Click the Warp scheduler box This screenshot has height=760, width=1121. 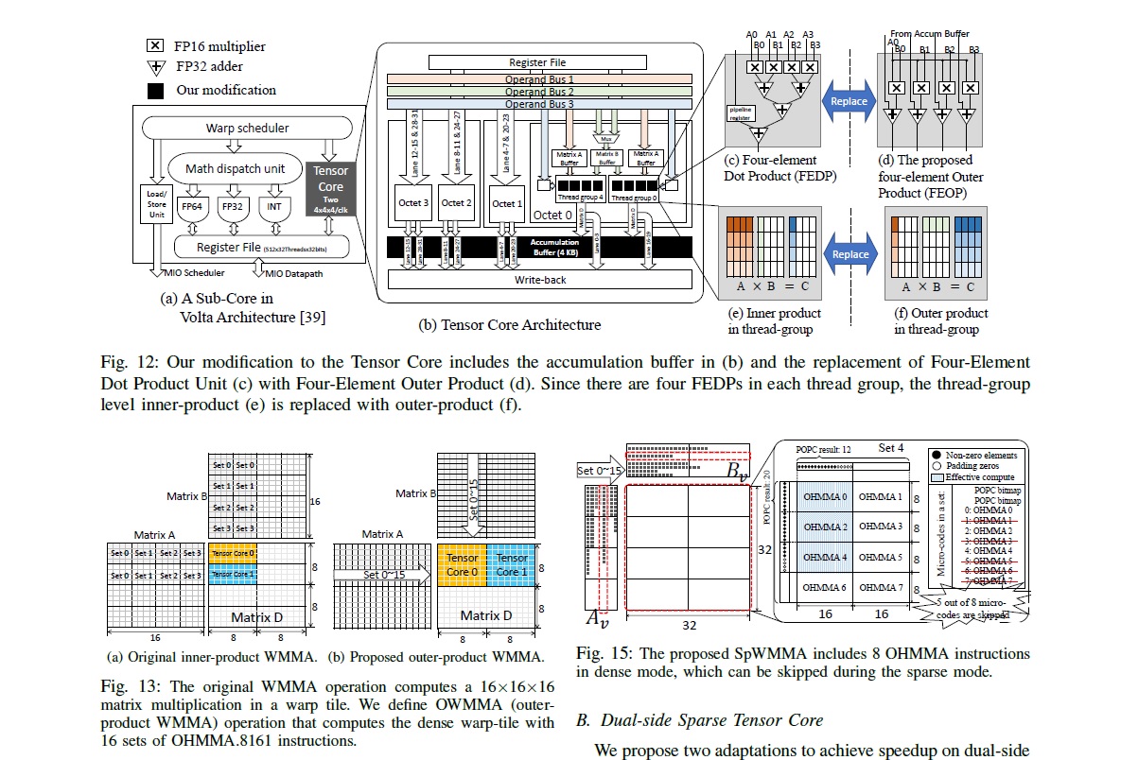(248, 128)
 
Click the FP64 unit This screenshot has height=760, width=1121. (192, 204)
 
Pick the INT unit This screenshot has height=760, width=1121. (275, 204)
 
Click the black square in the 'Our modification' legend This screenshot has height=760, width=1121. (155, 91)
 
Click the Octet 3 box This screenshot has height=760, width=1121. (413, 203)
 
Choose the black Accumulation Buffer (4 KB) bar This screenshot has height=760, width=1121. (540, 249)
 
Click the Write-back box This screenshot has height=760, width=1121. (540, 281)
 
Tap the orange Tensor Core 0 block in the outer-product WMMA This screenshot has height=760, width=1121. (463, 565)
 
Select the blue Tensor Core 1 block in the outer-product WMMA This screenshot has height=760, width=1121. (512, 565)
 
